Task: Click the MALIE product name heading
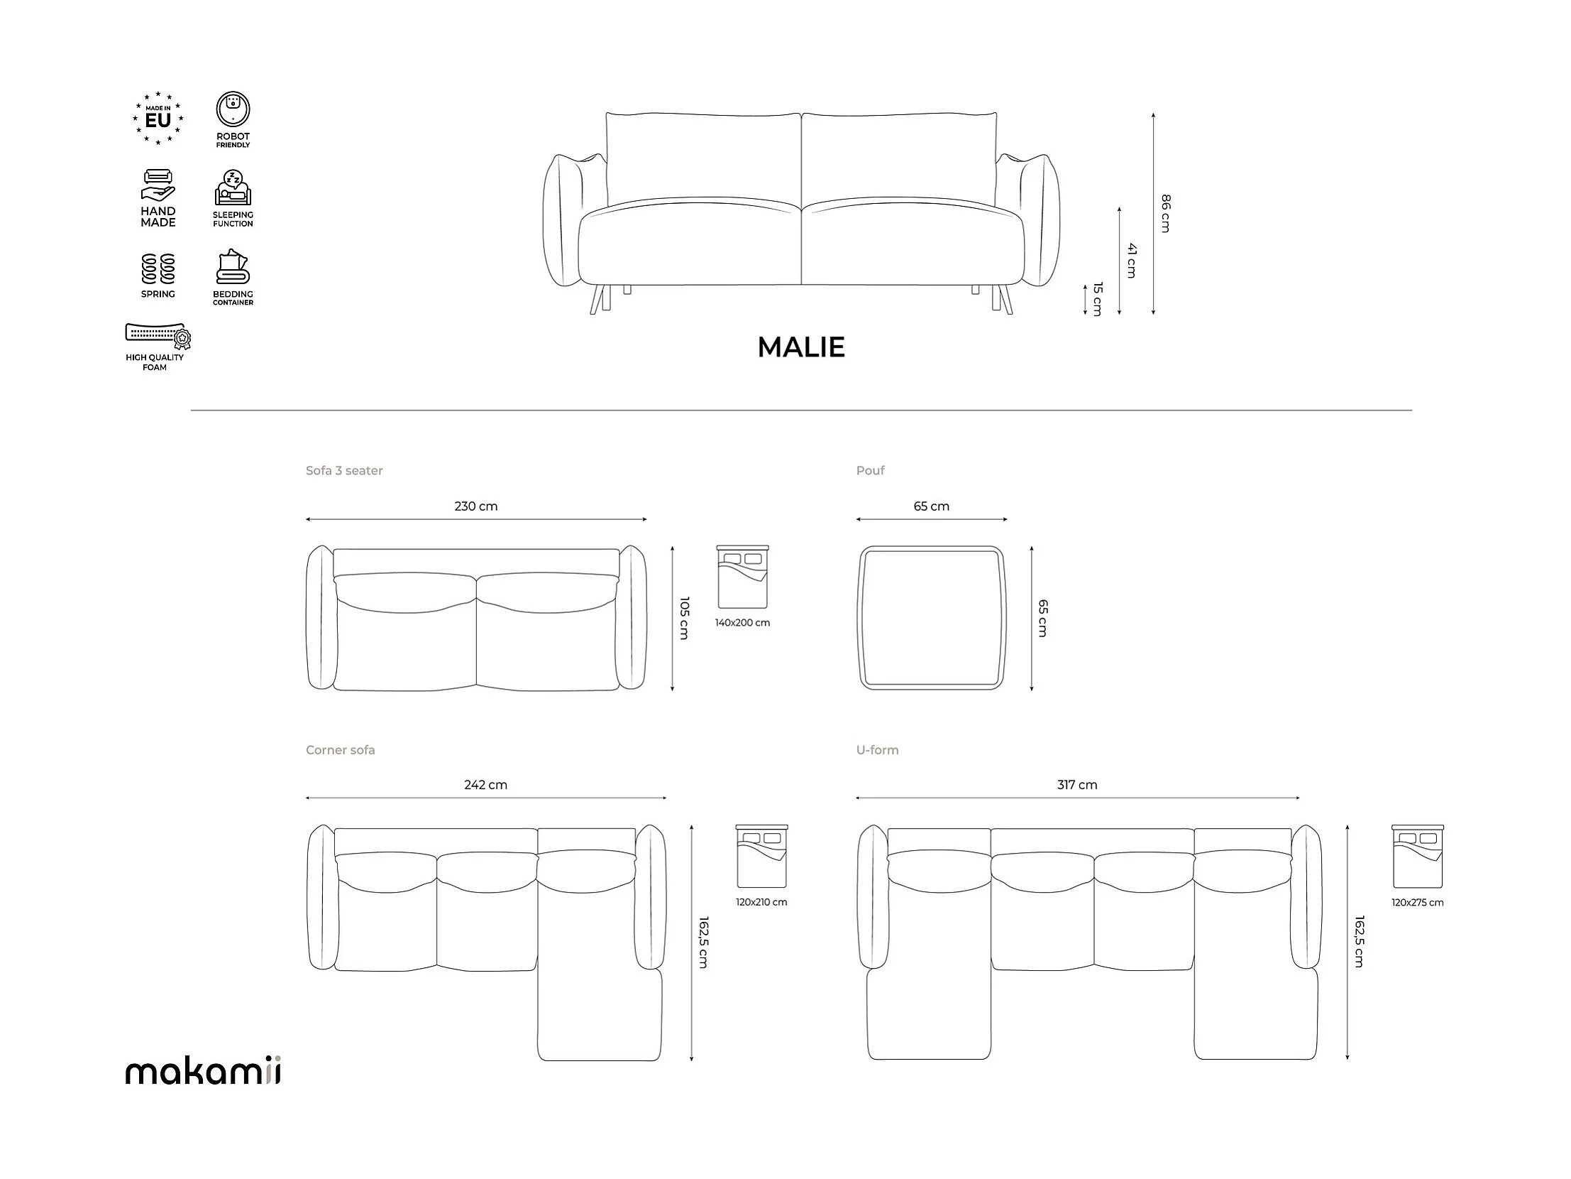click(x=801, y=347)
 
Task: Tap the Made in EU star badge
click(x=158, y=119)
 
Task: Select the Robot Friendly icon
click(x=233, y=109)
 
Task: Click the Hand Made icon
click(x=158, y=186)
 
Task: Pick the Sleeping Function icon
click(x=233, y=188)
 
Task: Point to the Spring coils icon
click(x=158, y=268)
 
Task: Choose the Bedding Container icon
click(x=233, y=267)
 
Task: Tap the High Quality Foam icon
click(x=158, y=336)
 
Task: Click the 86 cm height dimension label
click(x=1165, y=213)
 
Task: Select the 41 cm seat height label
click(x=1131, y=260)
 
